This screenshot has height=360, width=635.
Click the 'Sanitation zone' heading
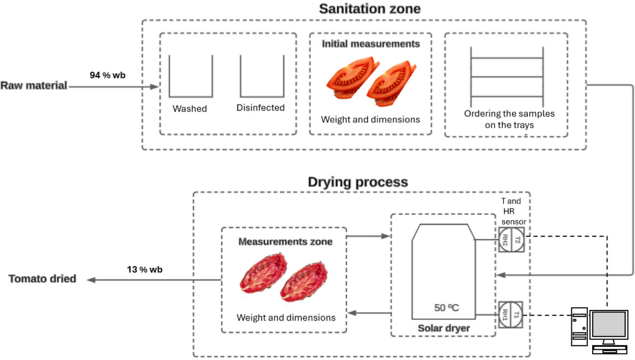pyautogui.click(x=370, y=9)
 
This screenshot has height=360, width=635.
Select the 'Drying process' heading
pyautogui.click(x=358, y=182)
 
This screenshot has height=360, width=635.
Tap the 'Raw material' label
pyautogui.click(x=34, y=86)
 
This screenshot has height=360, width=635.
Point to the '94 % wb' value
pyautogui.click(x=108, y=75)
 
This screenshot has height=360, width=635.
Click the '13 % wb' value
pyautogui.click(x=145, y=269)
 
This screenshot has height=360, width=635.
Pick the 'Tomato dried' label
pyautogui.click(x=42, y=279)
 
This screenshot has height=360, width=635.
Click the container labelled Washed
pyautogui.click(x=190, y=76)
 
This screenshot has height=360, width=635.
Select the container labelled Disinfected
pyautogui.click(x=261, y=76)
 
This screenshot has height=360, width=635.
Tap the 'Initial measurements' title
pyautogui.click(x=371, y=44)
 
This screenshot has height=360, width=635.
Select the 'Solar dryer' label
pyautogui.click(x=443, y=329)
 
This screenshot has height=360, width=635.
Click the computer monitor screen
pyautogui.click(x=608, y=325)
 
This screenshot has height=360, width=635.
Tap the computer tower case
pyautogui.click(x=579, y=330)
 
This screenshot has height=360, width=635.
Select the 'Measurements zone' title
pyautogui.click(x=285, y=242)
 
